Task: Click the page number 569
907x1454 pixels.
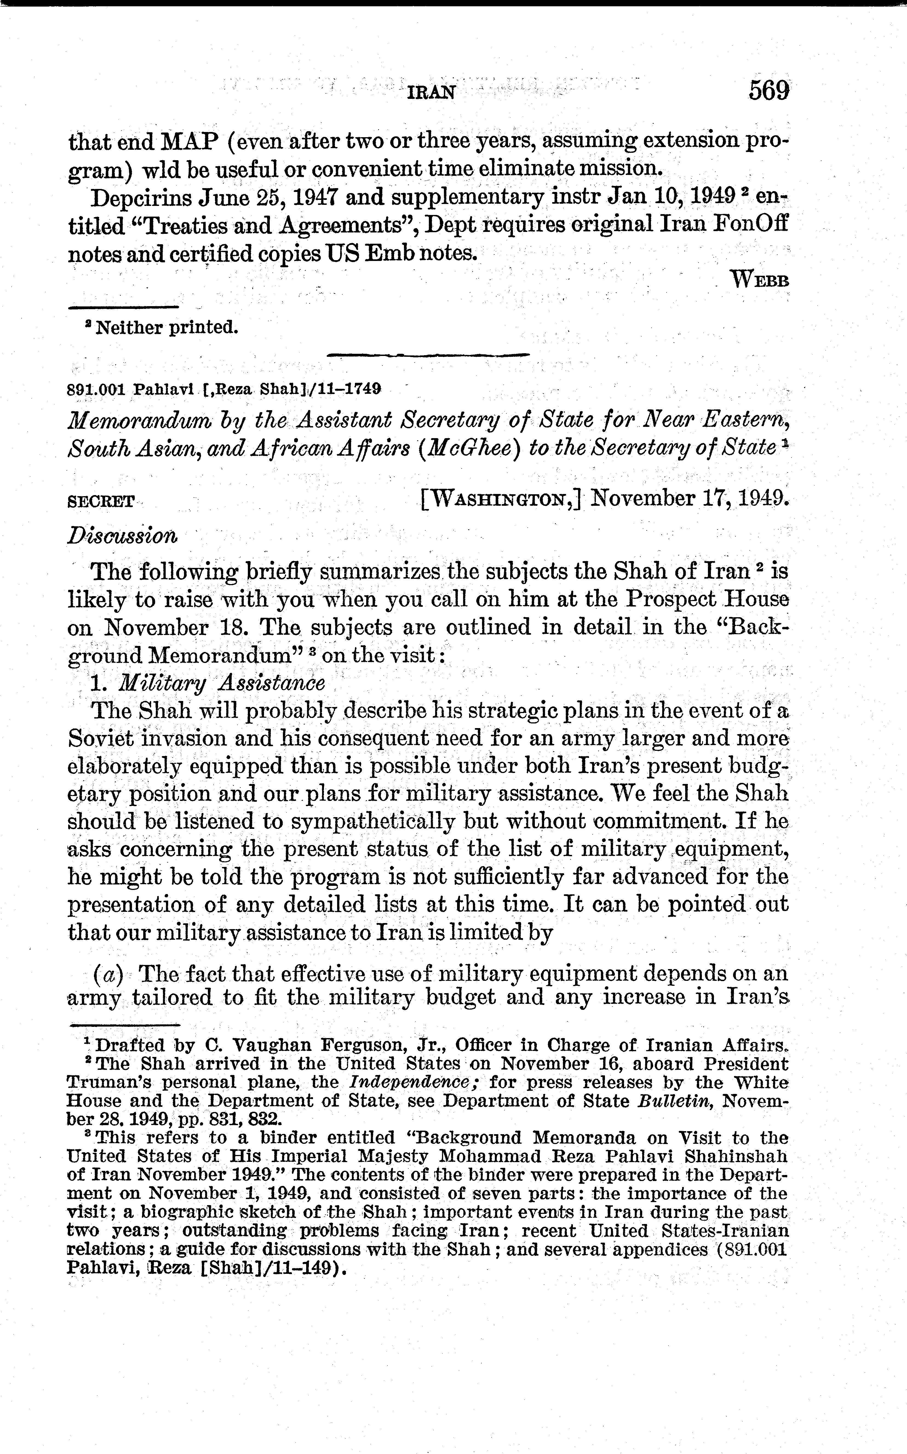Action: point(768,91)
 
